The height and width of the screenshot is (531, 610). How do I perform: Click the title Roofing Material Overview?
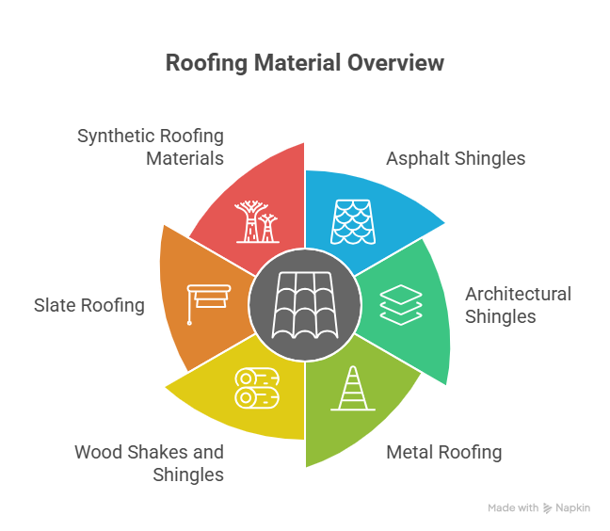coord(304,64)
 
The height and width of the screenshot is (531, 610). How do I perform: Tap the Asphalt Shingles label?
coord(456,158)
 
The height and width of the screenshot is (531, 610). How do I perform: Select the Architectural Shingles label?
coord(518,305)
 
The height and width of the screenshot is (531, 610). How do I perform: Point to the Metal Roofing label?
coord(444,453)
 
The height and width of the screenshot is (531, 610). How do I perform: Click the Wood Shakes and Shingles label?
coord(150,463)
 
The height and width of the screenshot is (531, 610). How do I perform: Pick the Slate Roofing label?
coord(89,305)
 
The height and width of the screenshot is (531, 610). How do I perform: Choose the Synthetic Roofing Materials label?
coord(151,147)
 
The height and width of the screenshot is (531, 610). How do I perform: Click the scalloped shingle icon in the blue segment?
coord(353,221)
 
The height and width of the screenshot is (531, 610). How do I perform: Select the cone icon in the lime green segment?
coord(353,388)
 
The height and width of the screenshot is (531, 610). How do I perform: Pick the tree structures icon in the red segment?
coord(256,221)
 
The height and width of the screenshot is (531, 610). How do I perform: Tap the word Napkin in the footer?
coord(572,507)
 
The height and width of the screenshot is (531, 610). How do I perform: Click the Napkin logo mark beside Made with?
coord(548,507)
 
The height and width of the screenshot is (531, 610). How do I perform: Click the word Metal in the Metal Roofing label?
coord(408,453)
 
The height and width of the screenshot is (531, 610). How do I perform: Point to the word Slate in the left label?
coord(55,305)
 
